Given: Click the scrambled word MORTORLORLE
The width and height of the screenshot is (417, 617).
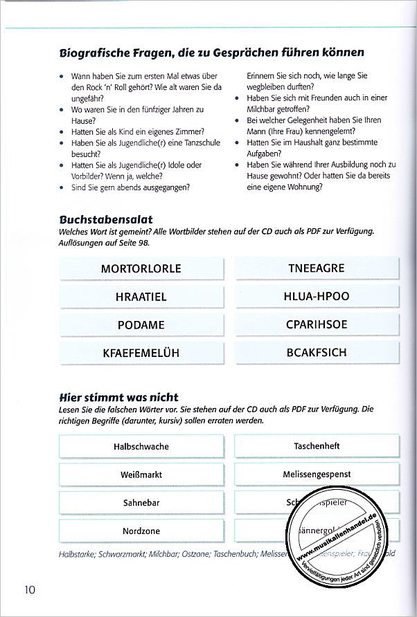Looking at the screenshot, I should (x=141, y=268).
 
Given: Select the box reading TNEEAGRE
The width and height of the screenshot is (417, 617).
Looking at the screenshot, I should (x=317, y=268).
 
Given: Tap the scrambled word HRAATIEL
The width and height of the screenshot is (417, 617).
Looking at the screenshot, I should (x=141, y=297).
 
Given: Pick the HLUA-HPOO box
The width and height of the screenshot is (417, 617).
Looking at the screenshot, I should (x=317, y=297).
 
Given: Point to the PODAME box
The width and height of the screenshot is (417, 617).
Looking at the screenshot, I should (x=141, y=325).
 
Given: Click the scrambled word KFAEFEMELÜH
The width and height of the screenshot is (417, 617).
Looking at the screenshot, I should (x=141, y=353).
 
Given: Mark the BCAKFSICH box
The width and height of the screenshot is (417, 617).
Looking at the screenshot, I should (x=317, y=353).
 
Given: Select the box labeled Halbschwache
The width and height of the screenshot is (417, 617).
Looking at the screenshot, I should (x=141, y=447).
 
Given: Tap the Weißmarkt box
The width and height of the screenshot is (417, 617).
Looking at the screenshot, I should (x=141, y=475).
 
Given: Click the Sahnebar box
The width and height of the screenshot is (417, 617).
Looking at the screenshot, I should (x=141, y=503).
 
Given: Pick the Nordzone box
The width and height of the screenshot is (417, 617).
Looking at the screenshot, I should (x=141, y=531).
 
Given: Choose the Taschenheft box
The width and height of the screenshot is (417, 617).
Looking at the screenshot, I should (x=317, y=446).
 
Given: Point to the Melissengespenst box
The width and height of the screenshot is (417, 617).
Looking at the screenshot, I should (x=317, y=475).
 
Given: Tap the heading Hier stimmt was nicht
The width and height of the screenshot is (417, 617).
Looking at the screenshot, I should (x=119, y=397).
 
